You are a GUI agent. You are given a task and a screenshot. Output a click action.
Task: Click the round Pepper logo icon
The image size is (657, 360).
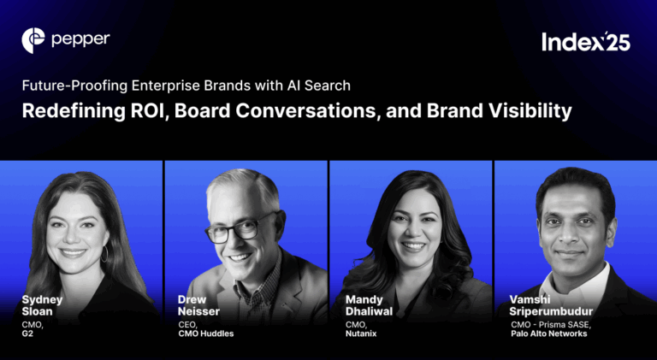pos(33,38)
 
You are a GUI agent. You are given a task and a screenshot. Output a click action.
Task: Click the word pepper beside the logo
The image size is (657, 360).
pos(80,38)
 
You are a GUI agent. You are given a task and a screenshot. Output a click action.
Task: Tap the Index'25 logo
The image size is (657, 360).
pos(585,41)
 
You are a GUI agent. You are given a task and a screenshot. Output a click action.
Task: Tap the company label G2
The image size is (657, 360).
pos(28,333)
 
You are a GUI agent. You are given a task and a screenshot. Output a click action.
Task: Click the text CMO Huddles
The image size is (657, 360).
pos(206,333)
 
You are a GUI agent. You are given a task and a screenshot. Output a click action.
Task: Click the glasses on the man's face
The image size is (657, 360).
pos(234,227)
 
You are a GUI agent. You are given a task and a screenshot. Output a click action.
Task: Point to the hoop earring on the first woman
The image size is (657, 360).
pos(104,254)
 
